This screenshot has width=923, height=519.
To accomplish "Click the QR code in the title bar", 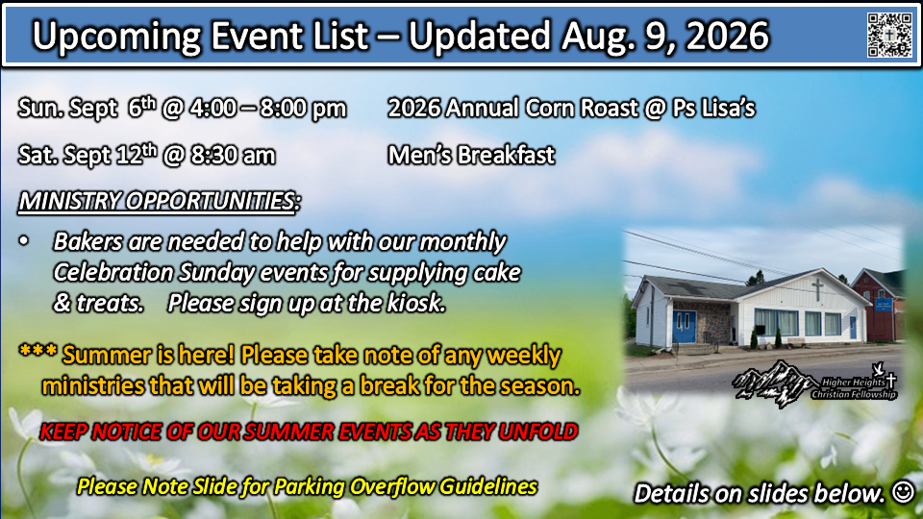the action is [x=888, y=35].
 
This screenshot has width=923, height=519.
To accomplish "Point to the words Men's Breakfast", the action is [x=471, y=156].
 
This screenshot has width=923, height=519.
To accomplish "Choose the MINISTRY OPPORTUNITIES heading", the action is [x=159, y=201].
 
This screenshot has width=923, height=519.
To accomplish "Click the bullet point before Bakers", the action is [x=23, y=240].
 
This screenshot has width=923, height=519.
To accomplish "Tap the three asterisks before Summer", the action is [x=37, y=351].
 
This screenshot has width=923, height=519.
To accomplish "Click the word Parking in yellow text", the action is [x=310, y=487].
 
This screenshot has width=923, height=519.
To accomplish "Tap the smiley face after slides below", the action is [x=903, y=491].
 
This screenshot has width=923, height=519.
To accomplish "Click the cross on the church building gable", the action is [x=817, y=288].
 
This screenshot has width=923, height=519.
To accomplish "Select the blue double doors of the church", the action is [x=684, y=327].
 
